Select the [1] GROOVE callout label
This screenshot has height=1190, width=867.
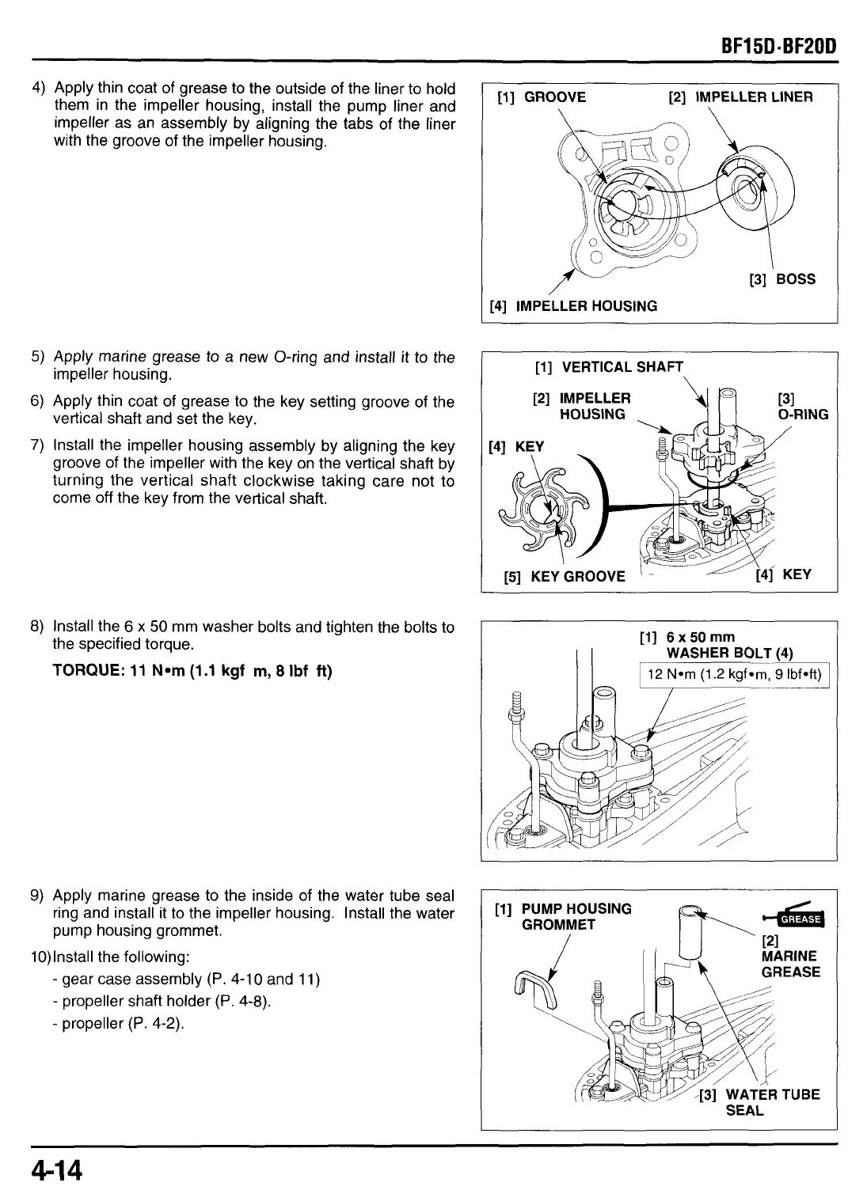(x=541, y=97)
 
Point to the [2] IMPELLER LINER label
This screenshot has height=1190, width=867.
(x=740, y=97)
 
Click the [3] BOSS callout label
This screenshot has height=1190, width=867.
(x=782, y=279)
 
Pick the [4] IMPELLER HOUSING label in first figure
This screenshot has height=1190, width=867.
(x=574, y=306)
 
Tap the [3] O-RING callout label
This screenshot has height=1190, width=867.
(x=803, y=407)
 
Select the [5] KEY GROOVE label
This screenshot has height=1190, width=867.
(x=565, y=576)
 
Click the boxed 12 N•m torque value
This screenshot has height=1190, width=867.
(x=736, y=675)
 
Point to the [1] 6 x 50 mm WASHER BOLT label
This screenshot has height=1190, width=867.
(x=717, y=645)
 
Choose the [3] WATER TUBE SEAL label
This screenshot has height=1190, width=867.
(x=760, y=1102)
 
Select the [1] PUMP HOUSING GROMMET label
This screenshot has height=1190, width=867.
(x=563, y=916)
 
